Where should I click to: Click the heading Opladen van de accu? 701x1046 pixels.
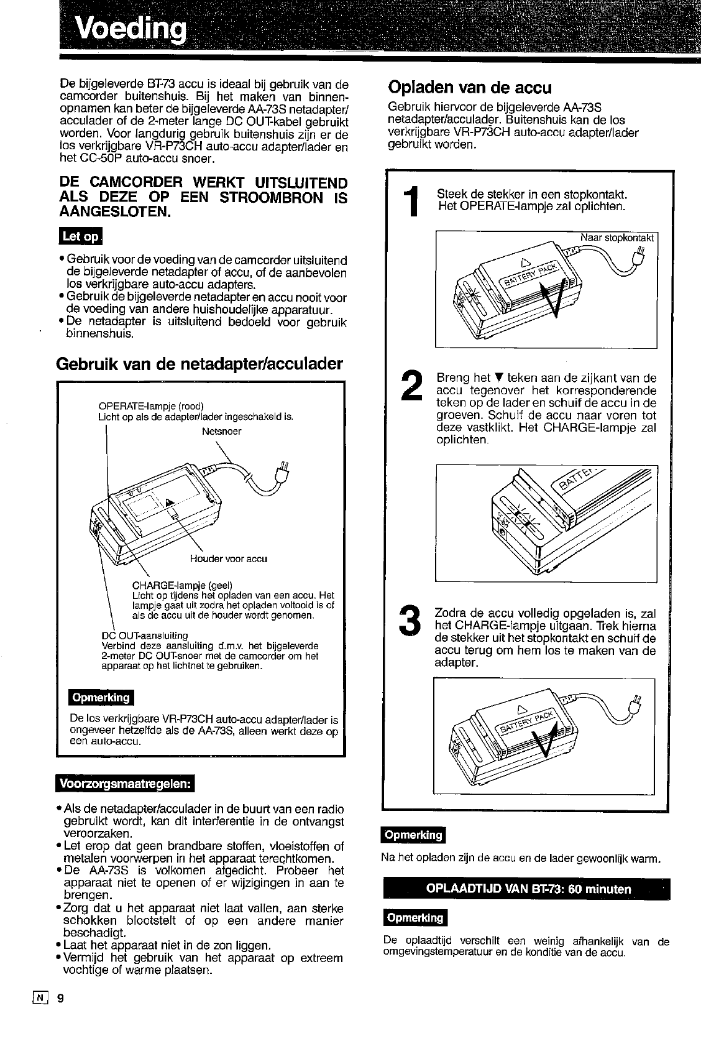pos(469,86)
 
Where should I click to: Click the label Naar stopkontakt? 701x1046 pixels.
pos(616,238)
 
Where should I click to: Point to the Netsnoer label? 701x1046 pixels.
pos(221,431)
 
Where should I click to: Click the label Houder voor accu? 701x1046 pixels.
pos(229,558)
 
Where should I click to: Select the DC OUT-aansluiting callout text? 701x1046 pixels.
pos(144,636)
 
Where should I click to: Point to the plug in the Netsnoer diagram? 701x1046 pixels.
pos(282,473)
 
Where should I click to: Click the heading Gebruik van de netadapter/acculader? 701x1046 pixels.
pos(199,363)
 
